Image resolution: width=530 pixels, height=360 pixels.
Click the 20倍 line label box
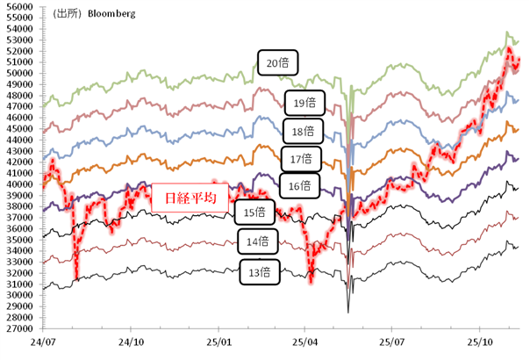click(x=278, y=62)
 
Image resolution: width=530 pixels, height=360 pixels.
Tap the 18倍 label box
click(x=304, y=132)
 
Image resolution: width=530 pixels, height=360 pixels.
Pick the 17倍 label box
click(x=300, y=159)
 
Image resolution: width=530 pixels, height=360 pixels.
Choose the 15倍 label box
click(x=255, y=212)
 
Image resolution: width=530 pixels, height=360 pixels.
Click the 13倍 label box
click(x=260, y=272)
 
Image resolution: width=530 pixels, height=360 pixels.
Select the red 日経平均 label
click(x=190, y=196)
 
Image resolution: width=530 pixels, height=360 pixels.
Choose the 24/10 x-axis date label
click(x=132, y=339)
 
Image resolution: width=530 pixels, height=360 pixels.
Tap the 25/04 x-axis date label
click(x=304, y=339)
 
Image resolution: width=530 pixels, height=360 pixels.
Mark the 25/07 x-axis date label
click(x=392, y=339)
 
